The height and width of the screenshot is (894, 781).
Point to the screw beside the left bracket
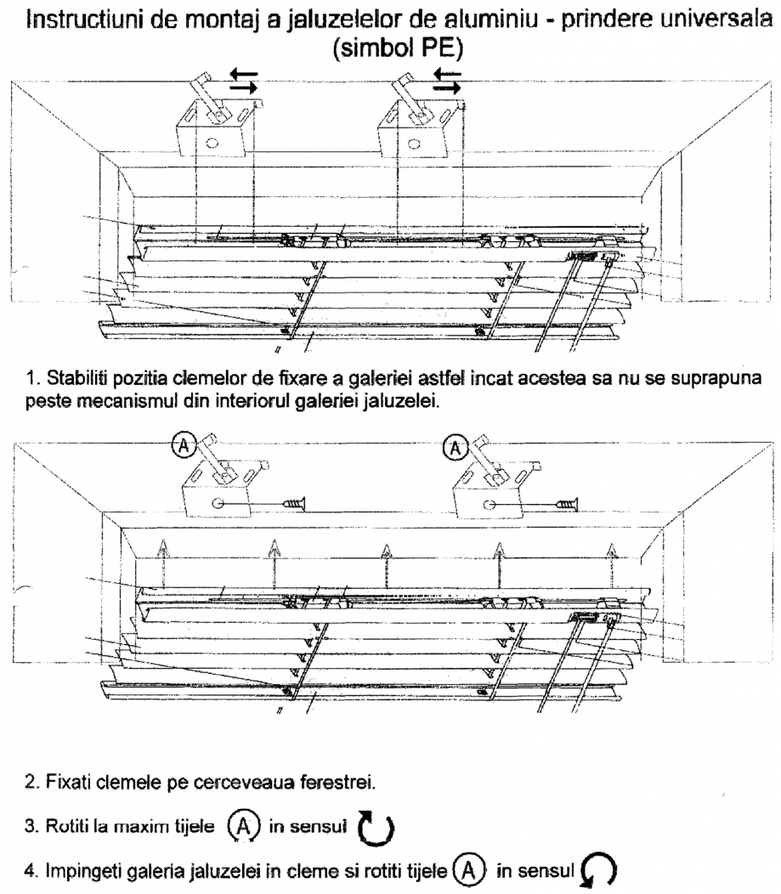pyautogui.click(x=288, y=502)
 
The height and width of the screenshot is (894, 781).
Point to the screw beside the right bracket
pyautogui.click(x=564, y=502)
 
